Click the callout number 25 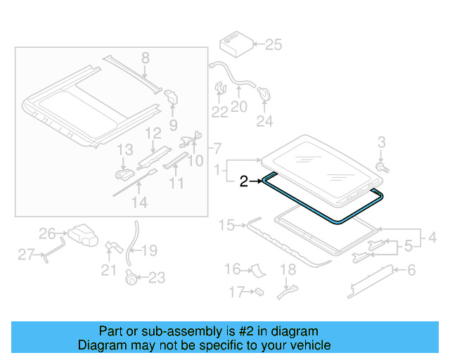tap(273, 45)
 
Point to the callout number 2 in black tap(243, 181)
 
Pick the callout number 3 tap(382, 143)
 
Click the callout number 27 tap(26, 255)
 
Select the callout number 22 tap(220, 112)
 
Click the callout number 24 tap(264, 122)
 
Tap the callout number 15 tap(226, 225)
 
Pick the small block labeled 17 tap(259, 290)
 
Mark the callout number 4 tap(432, 238)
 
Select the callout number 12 tap(153, 133)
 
